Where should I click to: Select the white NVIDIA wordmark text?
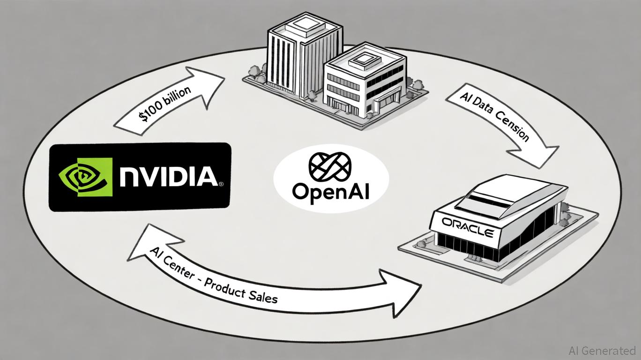click(x=168, y=177)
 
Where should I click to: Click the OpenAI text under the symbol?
click(x=330, y=192)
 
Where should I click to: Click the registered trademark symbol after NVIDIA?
click(x=221, y=184)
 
